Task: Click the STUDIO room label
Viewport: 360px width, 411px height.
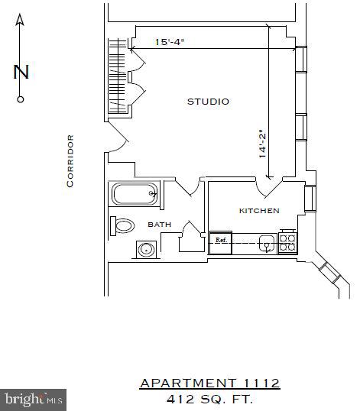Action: (208, 102)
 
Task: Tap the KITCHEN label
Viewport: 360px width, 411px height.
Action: (259, 211)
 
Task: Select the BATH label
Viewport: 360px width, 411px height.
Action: (159, 225)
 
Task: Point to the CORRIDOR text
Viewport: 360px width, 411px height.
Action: (70, 160)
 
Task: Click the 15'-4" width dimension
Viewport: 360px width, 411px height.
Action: (170, 42)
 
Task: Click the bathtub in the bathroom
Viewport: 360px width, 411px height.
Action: (136, 194)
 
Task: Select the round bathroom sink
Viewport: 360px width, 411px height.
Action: (145, 249)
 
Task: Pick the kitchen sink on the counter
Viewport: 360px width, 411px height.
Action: (266, 244)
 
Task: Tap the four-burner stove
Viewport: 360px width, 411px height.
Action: (287, 243)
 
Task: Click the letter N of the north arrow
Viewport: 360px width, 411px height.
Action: (21, 73)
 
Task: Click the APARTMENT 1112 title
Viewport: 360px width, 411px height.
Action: (209, 383)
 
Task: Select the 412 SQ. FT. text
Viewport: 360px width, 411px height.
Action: (209, 399)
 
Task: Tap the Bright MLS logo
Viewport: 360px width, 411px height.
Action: (34, 399)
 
